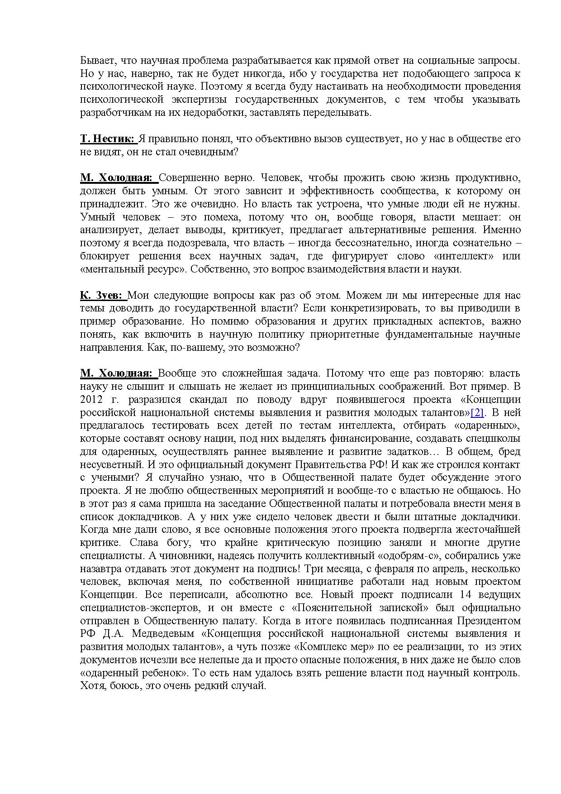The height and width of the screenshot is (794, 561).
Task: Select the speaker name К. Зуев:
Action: (101, 296)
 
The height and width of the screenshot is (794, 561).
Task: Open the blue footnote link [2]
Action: (478, 413)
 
